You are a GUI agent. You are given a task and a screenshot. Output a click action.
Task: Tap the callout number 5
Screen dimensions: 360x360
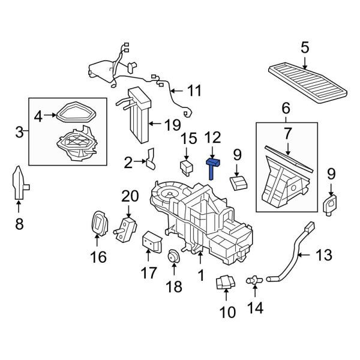(x=305, y=47)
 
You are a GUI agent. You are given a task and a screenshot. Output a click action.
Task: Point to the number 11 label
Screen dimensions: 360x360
(x=194, y=91)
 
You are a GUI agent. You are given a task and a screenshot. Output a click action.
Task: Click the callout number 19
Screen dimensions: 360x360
(x=172, y=125)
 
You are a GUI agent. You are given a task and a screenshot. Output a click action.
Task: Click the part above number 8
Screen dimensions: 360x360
(x=19, y=182)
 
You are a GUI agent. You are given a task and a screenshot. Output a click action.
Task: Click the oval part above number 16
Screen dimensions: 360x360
(x=98, y=224)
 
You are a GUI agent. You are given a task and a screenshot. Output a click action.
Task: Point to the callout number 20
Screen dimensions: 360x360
(x=129, y=196)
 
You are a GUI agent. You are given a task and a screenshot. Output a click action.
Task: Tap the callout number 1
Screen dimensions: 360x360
(x=200, y=275)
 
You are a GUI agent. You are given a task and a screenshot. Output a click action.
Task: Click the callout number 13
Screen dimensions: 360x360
(x=323, y=256)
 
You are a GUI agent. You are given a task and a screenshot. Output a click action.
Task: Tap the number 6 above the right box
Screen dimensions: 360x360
(x=286, y=109)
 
